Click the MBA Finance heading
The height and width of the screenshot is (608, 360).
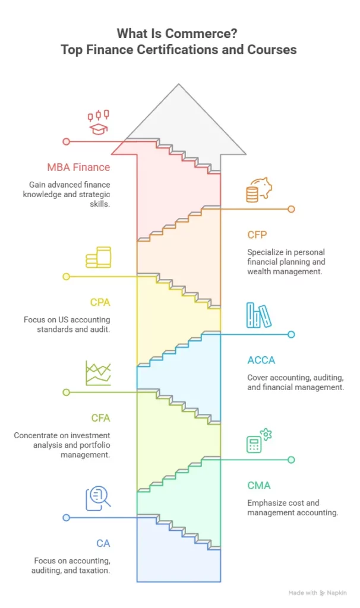(x=79, y=167)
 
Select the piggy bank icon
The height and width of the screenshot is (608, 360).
(x=259, y=190)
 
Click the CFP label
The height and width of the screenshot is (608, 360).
(x=257, y=235)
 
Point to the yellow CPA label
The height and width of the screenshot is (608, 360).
(x=100, y=302)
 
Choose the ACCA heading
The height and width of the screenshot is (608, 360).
(x=261, y=360)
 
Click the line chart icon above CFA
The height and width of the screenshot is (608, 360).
(x=98, y=373)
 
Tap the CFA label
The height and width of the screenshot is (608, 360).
(x=100, y=417)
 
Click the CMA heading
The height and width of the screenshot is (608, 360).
(x=259, y=486)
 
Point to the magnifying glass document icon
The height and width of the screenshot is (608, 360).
(x=98, y=498)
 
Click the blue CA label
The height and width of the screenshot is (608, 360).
(x=103, y=543)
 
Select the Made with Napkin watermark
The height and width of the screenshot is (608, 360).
(x=317, y=593)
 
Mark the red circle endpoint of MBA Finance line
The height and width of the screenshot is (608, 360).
(x=67, y=141)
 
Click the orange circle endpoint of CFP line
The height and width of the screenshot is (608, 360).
(x=291, y=210)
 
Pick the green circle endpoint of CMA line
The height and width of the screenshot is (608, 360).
(x=291, y=460)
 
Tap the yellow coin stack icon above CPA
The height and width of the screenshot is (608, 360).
(x=98, y=258)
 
